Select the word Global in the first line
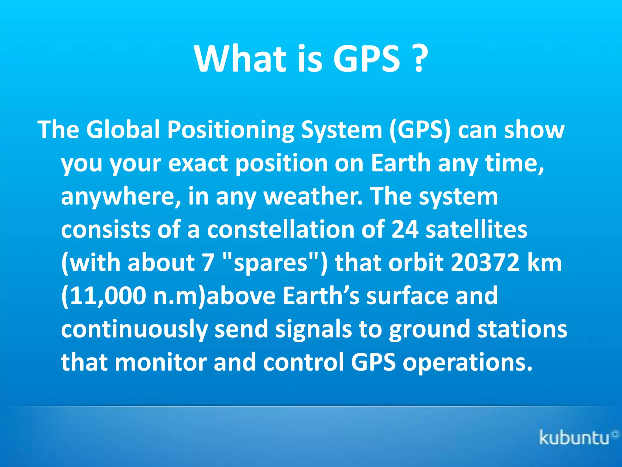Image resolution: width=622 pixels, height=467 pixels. point(123,130)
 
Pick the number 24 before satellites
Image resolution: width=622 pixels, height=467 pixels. point(405,229)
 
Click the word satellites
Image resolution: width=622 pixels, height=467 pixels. point(476,229)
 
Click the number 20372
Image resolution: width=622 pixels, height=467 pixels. point(485,262)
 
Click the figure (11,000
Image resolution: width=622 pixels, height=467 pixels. point(103,296)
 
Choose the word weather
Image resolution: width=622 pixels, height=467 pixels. point(313,196)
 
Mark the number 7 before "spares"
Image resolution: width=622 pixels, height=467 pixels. point(208,262)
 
